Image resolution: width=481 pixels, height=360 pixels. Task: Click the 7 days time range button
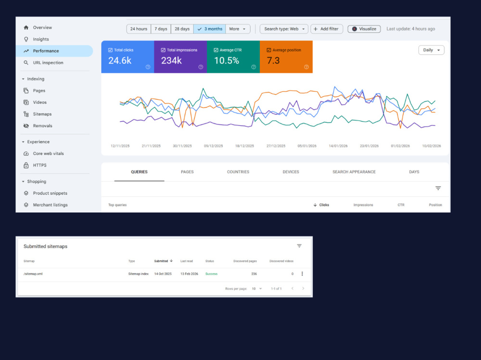161,29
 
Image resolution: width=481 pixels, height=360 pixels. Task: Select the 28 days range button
182,29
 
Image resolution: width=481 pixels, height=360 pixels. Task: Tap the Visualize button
364,29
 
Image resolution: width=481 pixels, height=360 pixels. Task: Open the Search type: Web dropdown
284,29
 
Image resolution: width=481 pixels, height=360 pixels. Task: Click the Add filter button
327,29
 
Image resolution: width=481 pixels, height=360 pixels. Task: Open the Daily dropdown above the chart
431,50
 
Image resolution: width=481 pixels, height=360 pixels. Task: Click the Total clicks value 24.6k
120,61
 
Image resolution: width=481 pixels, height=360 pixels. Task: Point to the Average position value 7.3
273,61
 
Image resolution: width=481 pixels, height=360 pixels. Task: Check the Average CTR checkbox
216,50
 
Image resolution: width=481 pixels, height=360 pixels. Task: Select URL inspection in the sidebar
48,62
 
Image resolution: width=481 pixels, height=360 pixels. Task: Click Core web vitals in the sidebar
48,153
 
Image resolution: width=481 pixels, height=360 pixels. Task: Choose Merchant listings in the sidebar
50,205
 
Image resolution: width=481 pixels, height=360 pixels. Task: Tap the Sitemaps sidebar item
42,114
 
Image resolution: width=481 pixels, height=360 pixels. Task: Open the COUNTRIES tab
238,172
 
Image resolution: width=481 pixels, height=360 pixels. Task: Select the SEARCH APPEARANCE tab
354,172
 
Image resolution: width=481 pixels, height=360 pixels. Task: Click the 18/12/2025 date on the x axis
244,146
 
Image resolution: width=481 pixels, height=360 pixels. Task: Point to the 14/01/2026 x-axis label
338,146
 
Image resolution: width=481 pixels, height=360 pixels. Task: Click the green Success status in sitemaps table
211,274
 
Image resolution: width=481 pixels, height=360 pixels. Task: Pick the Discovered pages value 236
254,274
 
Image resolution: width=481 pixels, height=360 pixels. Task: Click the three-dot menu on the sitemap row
302,273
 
